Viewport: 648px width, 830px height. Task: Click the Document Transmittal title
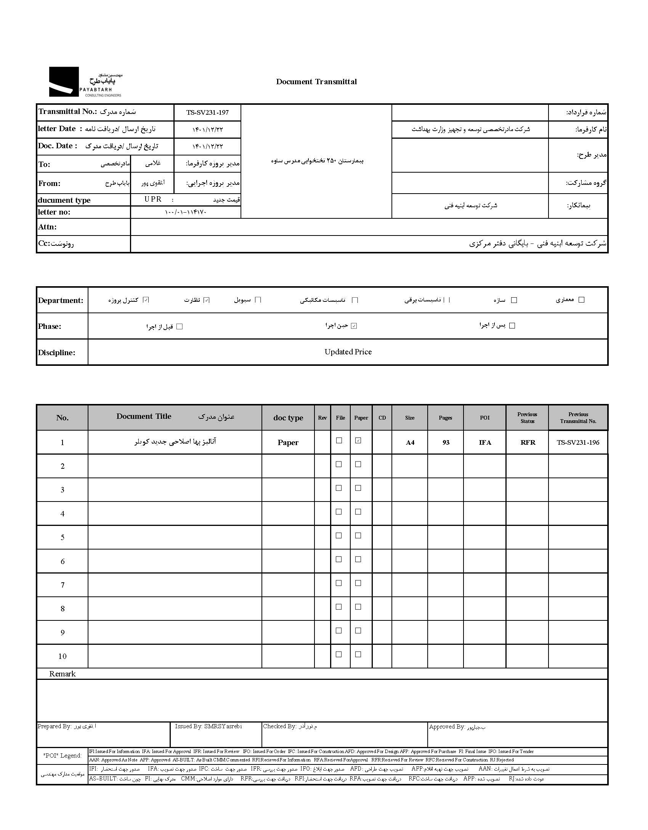pyautogui.click(x=316, y=82)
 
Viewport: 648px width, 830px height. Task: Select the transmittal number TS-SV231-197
pyautogui.click(x=207, y=112)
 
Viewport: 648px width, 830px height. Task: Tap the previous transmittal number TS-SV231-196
pyautogui.click(x=578, y=442)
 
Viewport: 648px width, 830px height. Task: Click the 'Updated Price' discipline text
pyautogui.click(x=348, y=352)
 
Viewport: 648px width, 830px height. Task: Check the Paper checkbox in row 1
pyautogui.click(x=358, y=441)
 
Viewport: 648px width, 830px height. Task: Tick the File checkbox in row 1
pyautogui.click(x=339, y=441)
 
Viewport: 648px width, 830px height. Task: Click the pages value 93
pyautogui.click(x=446, y=442)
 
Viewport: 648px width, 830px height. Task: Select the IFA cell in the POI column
pyautogui.click(x=485, y=442)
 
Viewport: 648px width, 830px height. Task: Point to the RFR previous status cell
pyautogui.click(x=528, y=442)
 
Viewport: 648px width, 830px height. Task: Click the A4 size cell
pyautogui.click(x=410, y=442)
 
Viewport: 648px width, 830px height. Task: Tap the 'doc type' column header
pyautogui.click(x=288, y=418)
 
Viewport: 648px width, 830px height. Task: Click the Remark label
pyautogui.click(x=63, y=674)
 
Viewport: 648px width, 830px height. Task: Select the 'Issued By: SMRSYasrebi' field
pyautogui.click(x=208, y=726)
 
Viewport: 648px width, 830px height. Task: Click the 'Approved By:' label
pyautogui.click(x=447, y=727)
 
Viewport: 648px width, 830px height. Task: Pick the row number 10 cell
pyautogui.click(x=63, y=656)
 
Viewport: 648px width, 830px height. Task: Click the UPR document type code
pyautogui.click(x=153, y=199)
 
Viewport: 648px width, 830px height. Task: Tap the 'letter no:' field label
pyautogui.click(x=54, y=212)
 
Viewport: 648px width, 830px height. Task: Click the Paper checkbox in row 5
pyautogui.click(x=358, y=536)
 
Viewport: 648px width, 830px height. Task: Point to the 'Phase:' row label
pyautogui.click(x=50, y=327)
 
